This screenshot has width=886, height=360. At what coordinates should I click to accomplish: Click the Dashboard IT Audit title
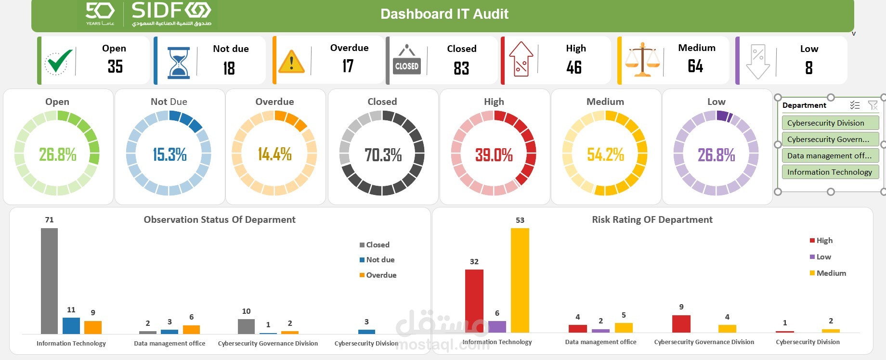(x=444, y=14)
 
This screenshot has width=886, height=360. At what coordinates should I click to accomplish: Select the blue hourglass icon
(x=178, y=63)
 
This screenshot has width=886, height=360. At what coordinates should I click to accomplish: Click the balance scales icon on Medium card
(x=642, y=60)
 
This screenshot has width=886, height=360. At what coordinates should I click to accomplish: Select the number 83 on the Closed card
(x=461, y=68)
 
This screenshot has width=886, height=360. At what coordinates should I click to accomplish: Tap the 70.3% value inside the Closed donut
(x=383, y=155)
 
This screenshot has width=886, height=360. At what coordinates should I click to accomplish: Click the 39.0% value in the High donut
(x=494, y=155)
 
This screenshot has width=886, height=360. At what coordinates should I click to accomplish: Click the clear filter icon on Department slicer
(x=872, y=105)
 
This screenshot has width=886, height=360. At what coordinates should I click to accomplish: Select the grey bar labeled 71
(x=49, y=281)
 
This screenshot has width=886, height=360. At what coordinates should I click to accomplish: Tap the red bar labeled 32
(x=474, y=301)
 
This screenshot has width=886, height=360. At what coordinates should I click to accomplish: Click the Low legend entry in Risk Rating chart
(x=821, y=257)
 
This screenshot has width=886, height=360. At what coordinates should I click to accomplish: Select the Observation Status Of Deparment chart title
(x=220, y=219)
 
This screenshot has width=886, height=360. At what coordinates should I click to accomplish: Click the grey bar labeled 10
(x=246, y=326)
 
